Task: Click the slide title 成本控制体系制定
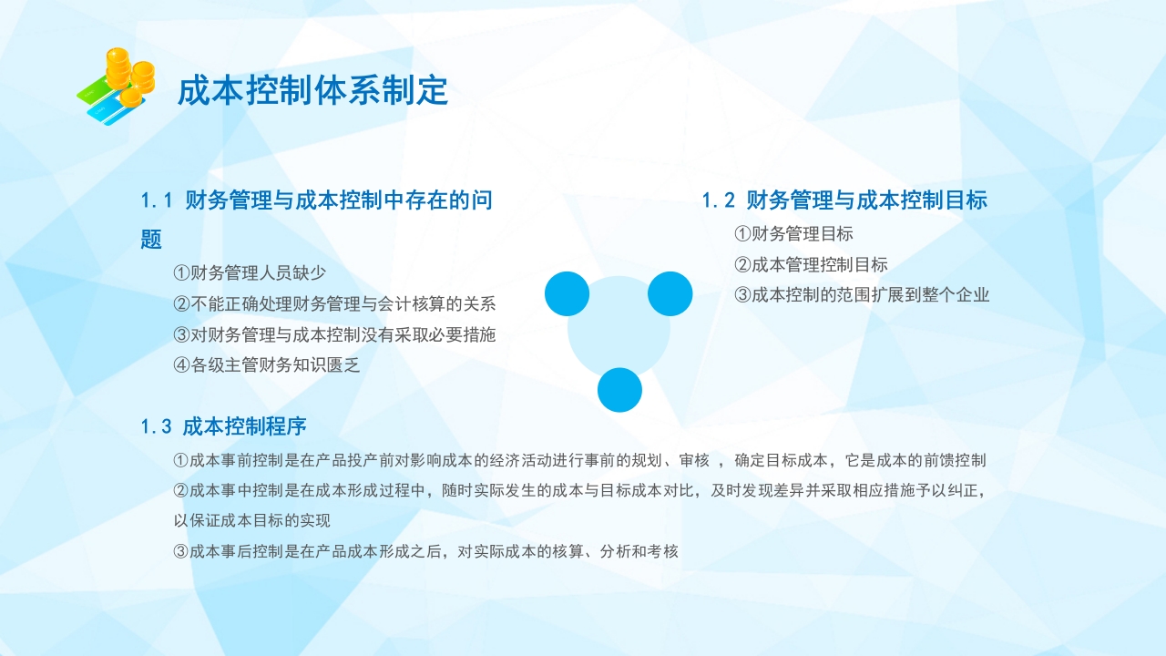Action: (312, 91)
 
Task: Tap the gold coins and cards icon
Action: (116, 87)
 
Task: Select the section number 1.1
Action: (157, 200)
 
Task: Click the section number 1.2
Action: (718, 200)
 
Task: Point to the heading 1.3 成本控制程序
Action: (224, 426)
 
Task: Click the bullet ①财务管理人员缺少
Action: (250, 272)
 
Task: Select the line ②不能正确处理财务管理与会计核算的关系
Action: (334, 303)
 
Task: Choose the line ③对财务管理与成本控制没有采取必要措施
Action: (334, 334)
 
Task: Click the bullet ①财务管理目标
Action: (793, 234)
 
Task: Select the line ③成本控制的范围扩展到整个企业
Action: (862, 295)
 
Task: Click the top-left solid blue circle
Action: (568, 293)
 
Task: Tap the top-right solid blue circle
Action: (670, 293)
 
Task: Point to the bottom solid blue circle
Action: (619, 390)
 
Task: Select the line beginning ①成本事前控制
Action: (579, 461)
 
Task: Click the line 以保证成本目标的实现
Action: (251, 521)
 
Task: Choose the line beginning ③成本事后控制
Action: (425, 551)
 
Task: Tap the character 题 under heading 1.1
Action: (151, 241)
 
